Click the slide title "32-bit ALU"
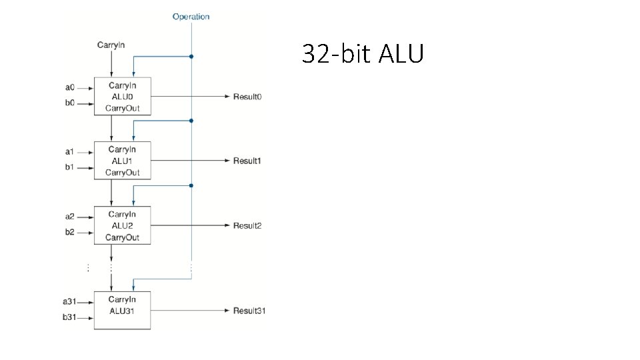(x=362, y=53)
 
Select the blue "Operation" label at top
(x=191, y=17)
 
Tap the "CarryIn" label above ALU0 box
(x=111, y=45)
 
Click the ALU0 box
(x=122, y=97)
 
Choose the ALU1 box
(x=122, y=161)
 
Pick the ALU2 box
(x=122, y=225)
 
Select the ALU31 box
(x=122, y=310)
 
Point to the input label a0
(x=70, y=87)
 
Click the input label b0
(x=70, y=103)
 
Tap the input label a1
(x=70, y=151)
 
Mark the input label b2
(x=70, y=233)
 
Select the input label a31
(x=70, y=302)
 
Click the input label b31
(x=70, y=318)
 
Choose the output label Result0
(x=247, y=97)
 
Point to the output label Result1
(x=247, y=161)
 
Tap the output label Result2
(x=247, y=225)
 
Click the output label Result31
(x=249, y=311)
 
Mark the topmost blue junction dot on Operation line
(x=191, y=57)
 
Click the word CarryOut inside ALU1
(x=122, y=173)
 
